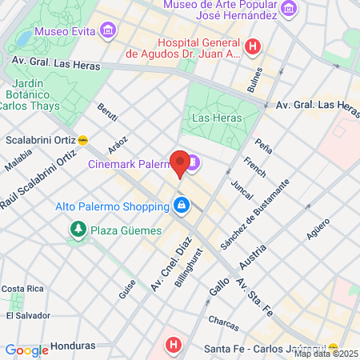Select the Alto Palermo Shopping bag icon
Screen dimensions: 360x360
pos(182,206)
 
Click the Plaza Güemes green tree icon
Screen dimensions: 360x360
pos(78,230)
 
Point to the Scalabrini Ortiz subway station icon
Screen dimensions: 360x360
pos(83,139)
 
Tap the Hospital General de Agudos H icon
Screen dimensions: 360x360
pos(253,47)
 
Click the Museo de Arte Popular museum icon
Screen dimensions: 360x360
pos(289,10)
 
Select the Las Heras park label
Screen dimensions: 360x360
pos(212,118)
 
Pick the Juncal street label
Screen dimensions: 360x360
pos(241,189)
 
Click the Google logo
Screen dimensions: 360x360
pos(26,350)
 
